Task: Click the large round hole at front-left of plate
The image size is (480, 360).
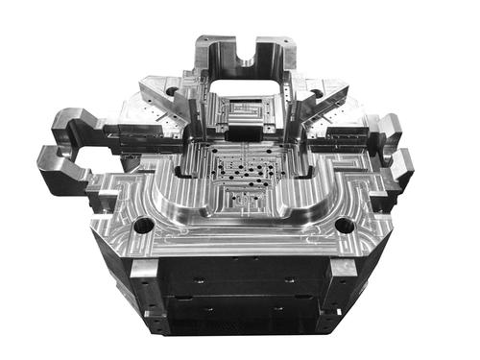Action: coord(143,227)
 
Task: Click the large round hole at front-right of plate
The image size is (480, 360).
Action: coord(344,227)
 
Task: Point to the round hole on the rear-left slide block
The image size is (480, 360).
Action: coord(172,92)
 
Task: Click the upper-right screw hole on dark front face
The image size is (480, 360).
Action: coord(288,280)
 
